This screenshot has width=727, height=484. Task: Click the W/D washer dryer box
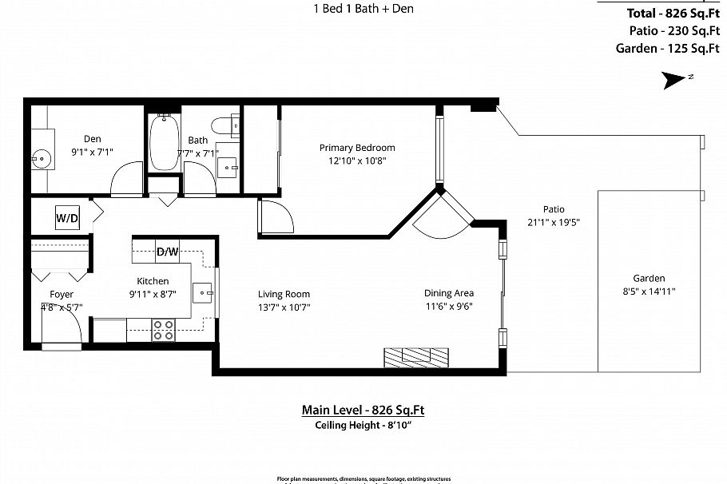(67, 218)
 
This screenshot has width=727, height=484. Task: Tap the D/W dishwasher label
(167, 252)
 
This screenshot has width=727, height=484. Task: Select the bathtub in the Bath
(165, 143)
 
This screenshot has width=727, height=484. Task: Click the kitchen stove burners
(163, 330)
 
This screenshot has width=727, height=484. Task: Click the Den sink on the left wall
(42, 159)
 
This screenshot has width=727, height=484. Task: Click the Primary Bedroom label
(357, 148)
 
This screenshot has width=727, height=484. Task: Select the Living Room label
(284, 294)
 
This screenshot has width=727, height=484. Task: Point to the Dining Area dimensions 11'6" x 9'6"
(448, 306)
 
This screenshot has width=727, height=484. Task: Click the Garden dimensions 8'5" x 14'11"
(650, 292)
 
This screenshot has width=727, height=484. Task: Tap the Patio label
(553, 209)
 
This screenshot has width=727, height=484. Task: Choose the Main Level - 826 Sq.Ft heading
(363, 411)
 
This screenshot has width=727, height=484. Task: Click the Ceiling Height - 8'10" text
(363, 426)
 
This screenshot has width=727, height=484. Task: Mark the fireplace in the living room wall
(415, 356)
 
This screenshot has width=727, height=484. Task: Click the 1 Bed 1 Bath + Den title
(363, 9)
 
